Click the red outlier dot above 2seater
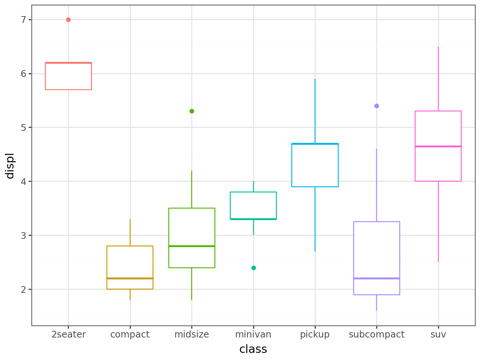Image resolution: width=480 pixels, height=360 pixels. point(68,19)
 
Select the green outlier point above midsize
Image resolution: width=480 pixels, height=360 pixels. point(192,111)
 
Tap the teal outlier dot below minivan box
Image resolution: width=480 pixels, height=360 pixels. point(253,268)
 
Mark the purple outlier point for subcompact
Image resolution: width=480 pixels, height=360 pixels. point(376,106)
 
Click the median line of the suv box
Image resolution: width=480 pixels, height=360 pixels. point(438,146)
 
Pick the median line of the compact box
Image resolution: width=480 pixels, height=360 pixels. point(130,278)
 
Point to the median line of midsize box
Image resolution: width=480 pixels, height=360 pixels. point(192,246)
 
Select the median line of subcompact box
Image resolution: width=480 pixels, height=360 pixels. point(376,278)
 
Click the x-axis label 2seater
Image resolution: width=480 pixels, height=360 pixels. point(69,334)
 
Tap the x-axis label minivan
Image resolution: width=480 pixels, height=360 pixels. point(253,334)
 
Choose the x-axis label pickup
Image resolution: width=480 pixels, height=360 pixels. point(315,334)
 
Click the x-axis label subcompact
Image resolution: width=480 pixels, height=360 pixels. point(376,334)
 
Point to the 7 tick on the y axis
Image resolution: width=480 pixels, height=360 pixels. point(24,19)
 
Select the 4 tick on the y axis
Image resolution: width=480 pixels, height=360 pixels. point(24,181)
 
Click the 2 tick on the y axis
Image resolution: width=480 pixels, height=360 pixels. point(24,289)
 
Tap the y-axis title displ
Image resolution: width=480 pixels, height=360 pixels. point(10,165)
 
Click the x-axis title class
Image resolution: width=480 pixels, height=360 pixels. point(253,349)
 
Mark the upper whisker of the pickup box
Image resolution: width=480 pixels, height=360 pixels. point(315,111)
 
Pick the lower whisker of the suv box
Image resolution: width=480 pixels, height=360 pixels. point(438,221)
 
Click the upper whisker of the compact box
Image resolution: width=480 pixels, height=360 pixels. point(130,232)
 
